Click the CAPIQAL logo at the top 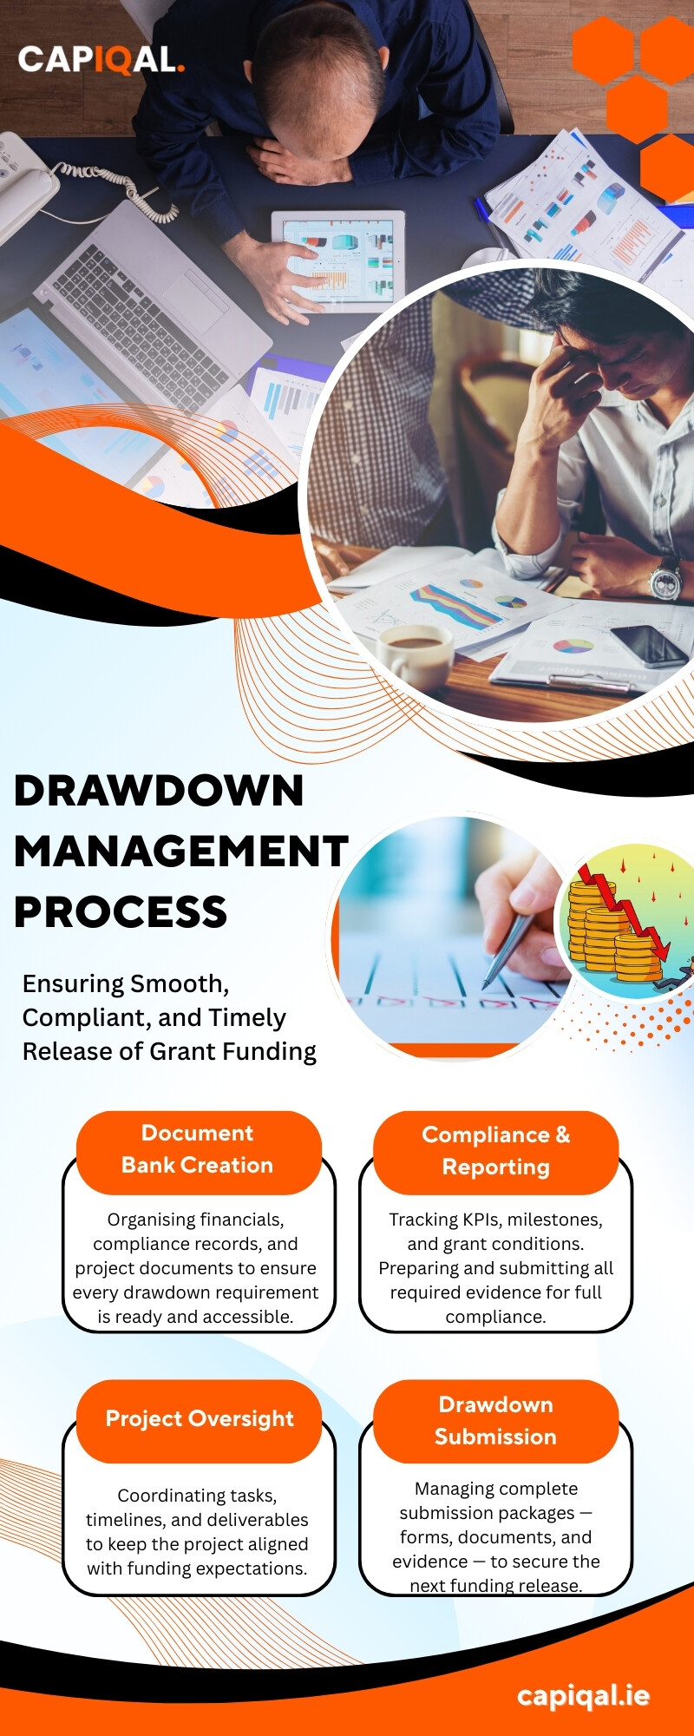(x=101, y=59)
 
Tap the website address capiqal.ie (x=583, y=1695)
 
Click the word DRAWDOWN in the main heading (x=159, y=791)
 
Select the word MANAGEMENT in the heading (x=181, y=851)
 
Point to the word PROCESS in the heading (x=121, y=911)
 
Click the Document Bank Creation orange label (x=199, y=1150)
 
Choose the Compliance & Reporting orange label (x=495, y=1152)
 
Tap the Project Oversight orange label (x=199, y=1420)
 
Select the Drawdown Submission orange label (x=495, y=1421)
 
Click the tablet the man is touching (x=339, y=261)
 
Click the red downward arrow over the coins (x=625, y=911)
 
